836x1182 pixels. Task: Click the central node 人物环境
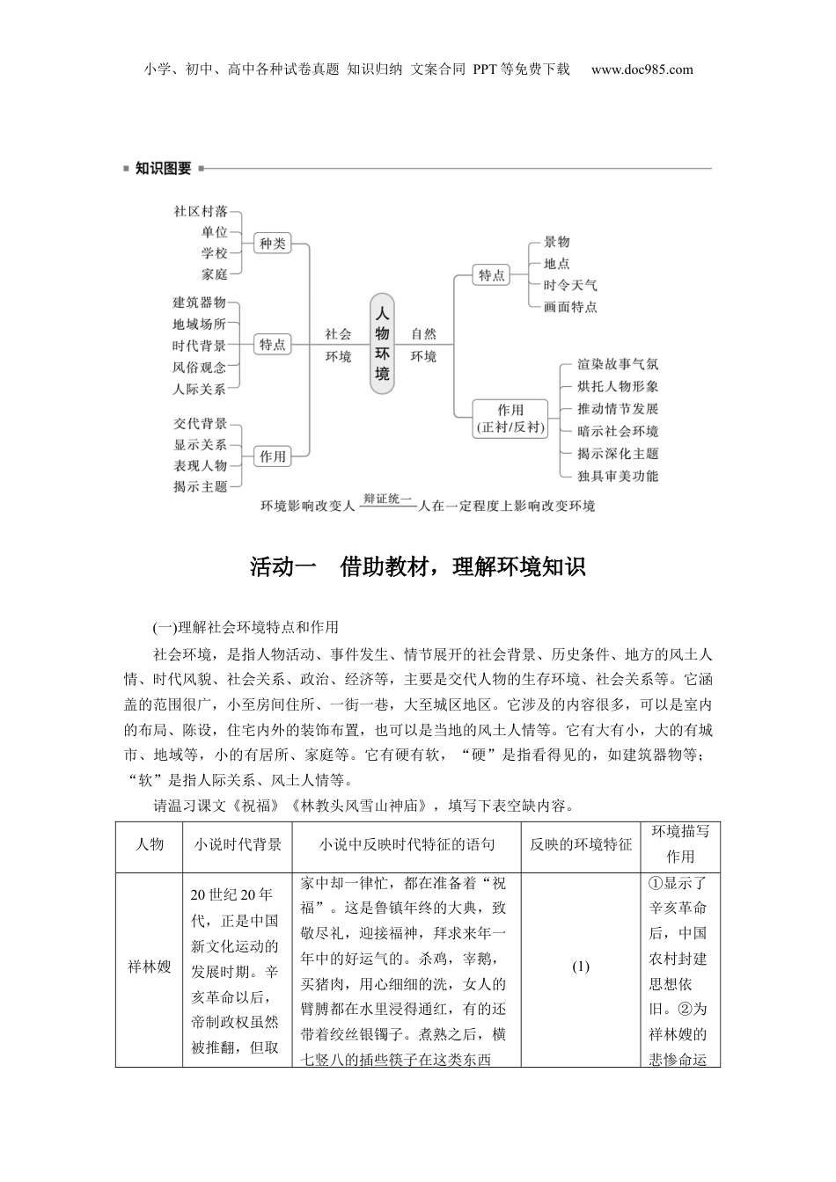[x=382, y=343]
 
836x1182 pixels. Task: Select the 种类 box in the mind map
[x=273, y=244]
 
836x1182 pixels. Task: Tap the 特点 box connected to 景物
[x=492, y=275]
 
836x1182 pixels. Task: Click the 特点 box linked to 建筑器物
[x=273, y=345]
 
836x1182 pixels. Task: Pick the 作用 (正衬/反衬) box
[x=510, y=419]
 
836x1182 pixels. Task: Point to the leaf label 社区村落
[x=201, y=211]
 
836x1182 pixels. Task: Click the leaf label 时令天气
[x=570, y=285]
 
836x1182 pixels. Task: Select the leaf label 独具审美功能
[x=618, y=476]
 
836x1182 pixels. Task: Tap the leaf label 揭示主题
[x=201, y=486]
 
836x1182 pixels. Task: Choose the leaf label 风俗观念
[x=200, y=368]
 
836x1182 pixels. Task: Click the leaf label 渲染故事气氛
[x=618, y=364]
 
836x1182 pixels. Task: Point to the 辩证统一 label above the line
[x=388, y=499]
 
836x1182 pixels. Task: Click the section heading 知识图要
[x=163, y=168]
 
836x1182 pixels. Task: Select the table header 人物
[x=150, y=844]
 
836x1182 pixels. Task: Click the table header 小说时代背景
[x=238, y=844]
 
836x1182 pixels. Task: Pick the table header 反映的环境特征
[x=581, y=844]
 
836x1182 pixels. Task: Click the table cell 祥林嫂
[x=150, y=968]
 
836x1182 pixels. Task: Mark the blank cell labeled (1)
[x=581, y=967]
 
